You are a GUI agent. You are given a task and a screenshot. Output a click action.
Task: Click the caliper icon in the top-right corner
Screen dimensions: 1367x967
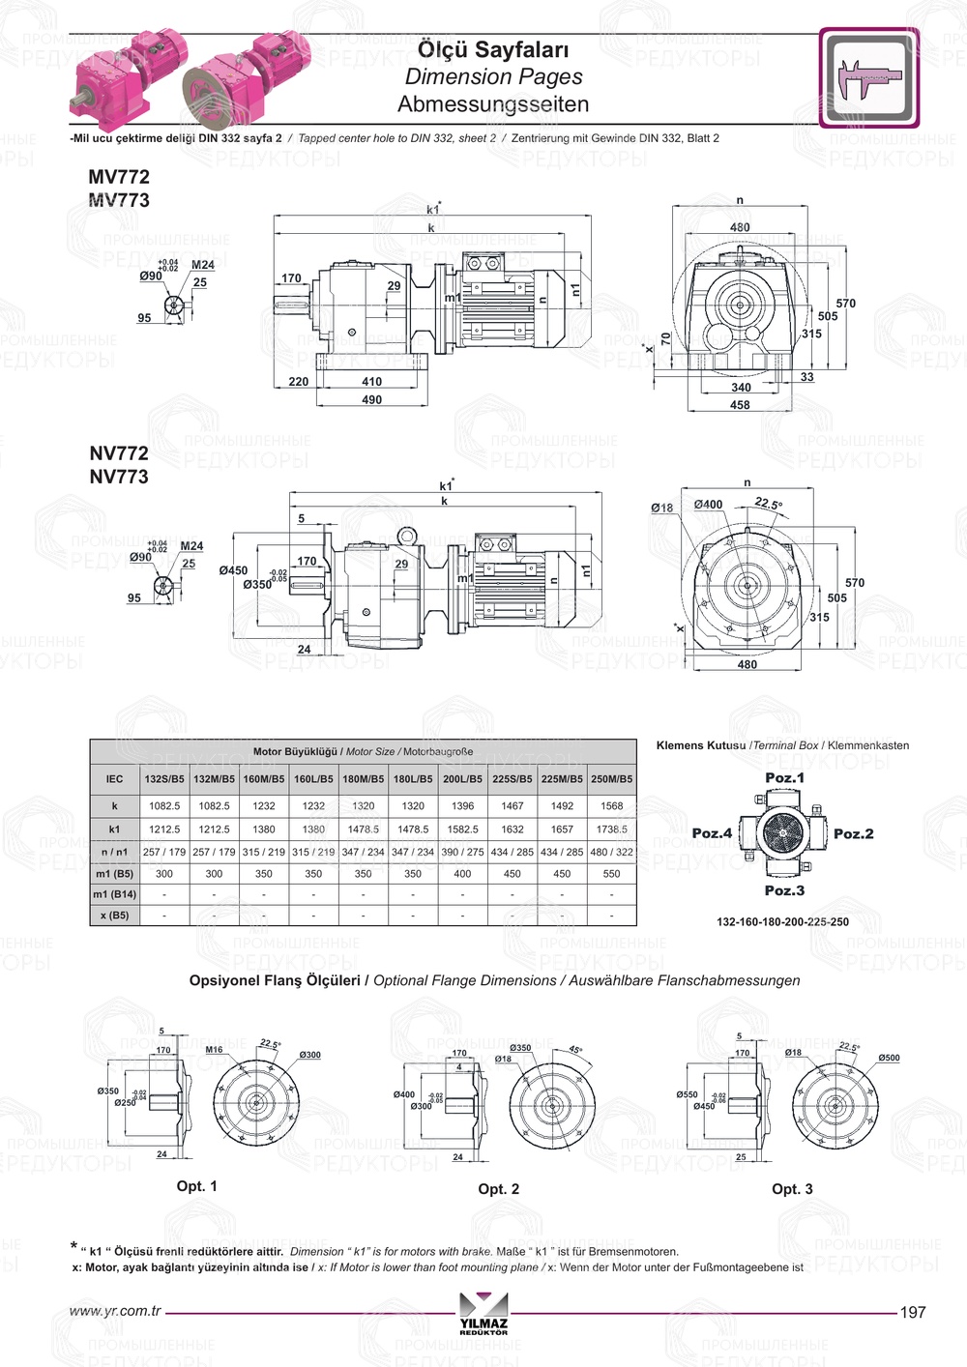coord(868,78)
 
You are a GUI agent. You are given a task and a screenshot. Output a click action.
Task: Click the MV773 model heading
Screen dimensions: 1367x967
coord(119,200)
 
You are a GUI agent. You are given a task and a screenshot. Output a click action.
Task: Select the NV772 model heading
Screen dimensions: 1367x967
coord(119,452)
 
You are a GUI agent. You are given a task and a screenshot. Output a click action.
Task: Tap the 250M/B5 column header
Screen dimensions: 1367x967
coord(612,778)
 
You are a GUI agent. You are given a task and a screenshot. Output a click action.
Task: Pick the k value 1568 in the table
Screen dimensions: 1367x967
coord(612,805)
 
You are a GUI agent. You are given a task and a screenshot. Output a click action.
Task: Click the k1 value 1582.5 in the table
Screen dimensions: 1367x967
coord(463,829)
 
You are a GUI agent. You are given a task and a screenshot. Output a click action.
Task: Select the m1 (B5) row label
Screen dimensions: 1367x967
coord(114,873)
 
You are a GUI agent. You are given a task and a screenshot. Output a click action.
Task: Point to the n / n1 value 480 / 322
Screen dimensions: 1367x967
coord(612,852)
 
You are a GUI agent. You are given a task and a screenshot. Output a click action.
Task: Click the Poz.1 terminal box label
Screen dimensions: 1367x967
coord(784,777)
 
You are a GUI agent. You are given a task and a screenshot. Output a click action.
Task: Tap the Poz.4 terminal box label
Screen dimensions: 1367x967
coord(712,833)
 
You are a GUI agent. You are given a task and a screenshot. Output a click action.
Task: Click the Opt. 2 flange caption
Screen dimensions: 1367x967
coord(498,1189)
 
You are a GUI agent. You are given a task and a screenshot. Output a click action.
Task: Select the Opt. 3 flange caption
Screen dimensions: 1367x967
coord(792,1189)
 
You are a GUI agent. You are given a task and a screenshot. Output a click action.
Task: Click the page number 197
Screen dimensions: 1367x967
coord(913,1312)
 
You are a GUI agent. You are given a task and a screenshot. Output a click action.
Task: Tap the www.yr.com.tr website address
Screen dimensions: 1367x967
coord(116,1311)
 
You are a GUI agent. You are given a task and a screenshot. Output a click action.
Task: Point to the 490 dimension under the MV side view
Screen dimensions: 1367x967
coord(372,399)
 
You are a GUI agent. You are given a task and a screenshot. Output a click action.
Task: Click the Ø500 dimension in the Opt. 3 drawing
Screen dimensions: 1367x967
coord(889,1058)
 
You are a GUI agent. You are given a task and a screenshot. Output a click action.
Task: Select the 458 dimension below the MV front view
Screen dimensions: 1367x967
coord(740,405)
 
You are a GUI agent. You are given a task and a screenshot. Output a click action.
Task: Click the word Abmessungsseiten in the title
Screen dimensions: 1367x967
coord(493,103)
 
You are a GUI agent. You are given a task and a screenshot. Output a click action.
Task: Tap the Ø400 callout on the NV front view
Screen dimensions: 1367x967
coord(708,505)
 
